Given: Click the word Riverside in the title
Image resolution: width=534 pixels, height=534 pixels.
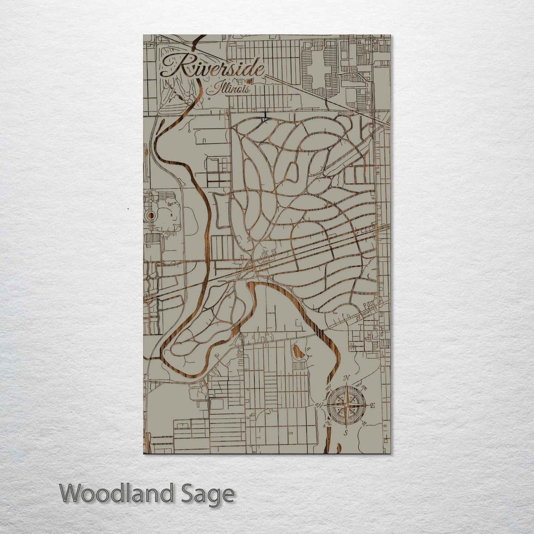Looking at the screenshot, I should pyautogui.click(x=212, y=68).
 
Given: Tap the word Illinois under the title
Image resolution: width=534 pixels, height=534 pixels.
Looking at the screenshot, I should pyautogui.click(x=230, y=89).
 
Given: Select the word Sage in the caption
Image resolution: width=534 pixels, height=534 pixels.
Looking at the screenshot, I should pyautogui.click(x=213, y=494).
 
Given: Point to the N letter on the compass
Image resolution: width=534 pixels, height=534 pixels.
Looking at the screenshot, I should pyautogui.click(x=346, y=378).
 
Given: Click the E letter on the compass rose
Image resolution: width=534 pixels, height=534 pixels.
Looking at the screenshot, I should pyautogui.click(x=373, y=406).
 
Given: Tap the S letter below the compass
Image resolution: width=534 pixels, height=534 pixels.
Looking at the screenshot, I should pyautogui.click(x=346, y=433).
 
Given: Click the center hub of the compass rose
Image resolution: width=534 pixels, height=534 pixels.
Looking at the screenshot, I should pyautogui.click(x=346, y=405).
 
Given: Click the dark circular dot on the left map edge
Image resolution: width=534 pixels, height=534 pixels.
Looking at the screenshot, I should pyautogui.click(x=150, y=215).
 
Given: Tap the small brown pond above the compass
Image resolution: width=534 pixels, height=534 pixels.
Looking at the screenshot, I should pyautogui.click(x=297, y=352).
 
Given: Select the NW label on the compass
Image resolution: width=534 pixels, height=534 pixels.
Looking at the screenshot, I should pyautogui.click(x=328, y=388).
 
